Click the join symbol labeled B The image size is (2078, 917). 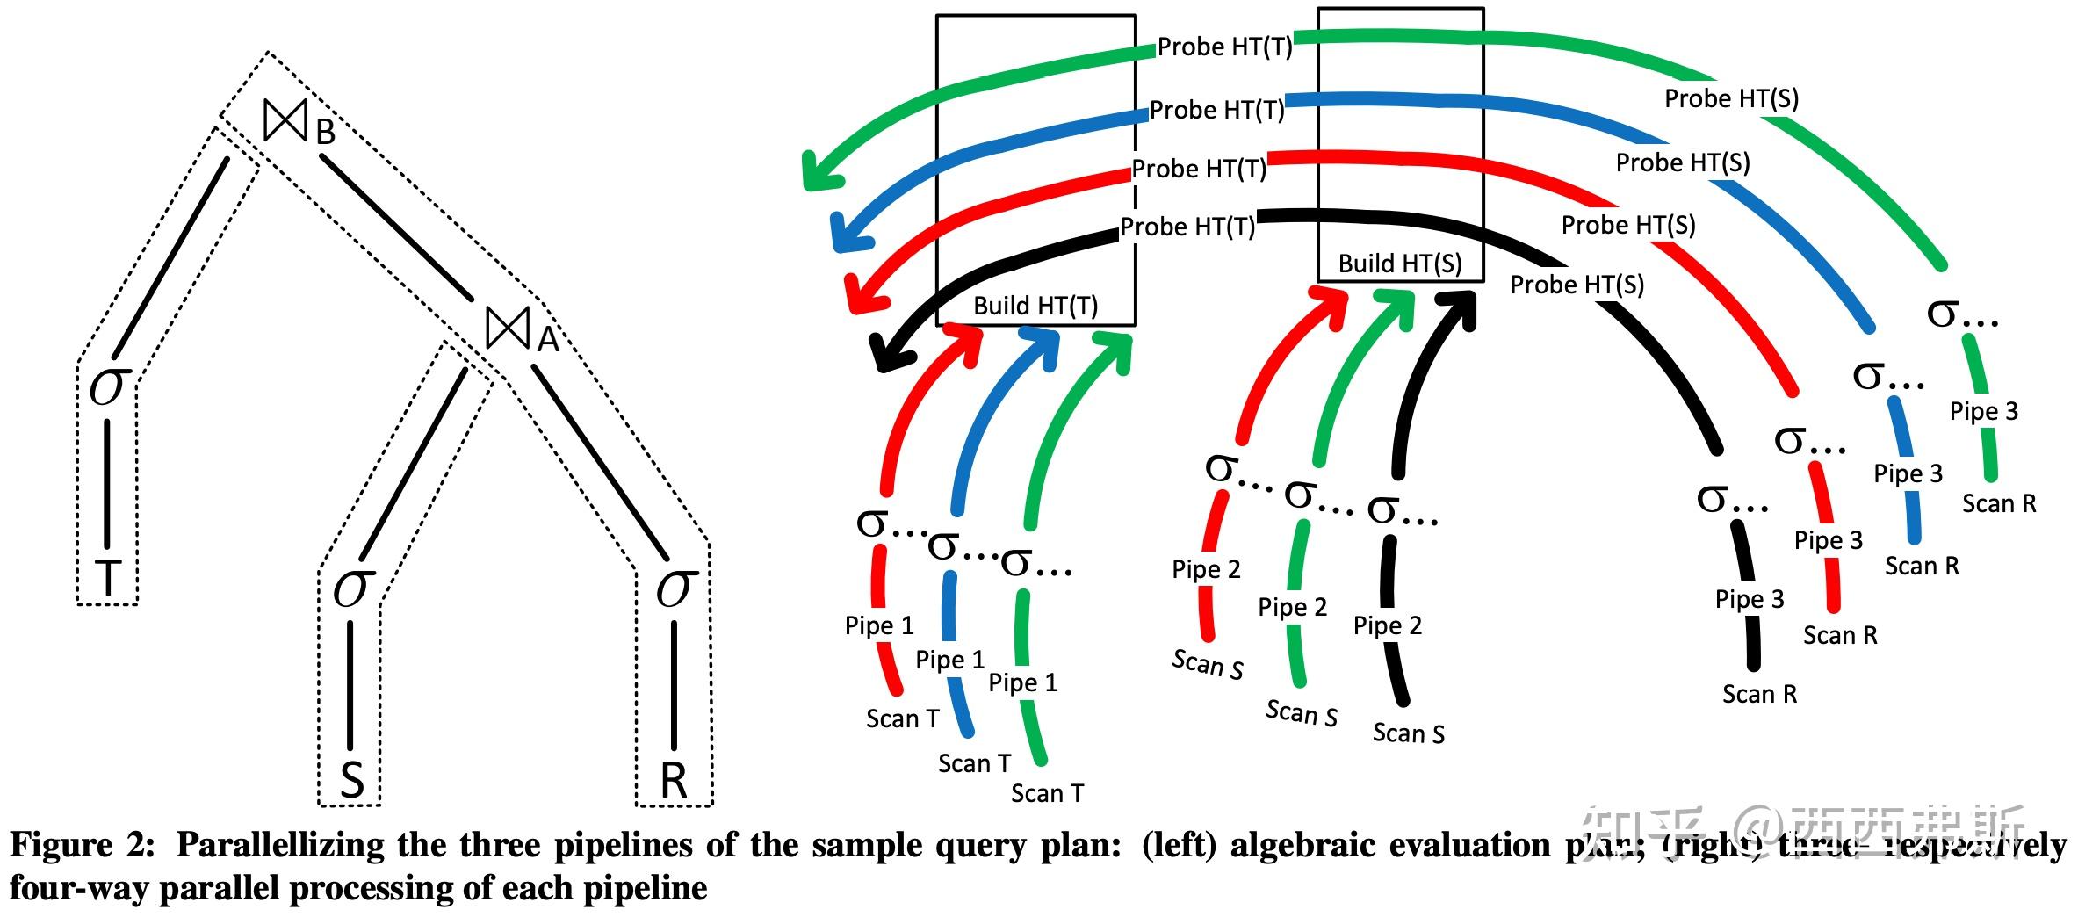(286, 120)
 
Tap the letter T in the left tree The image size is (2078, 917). (106, 578)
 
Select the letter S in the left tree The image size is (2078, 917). (351, 779)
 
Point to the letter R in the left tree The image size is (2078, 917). (674, 779)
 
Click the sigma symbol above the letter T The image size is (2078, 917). (109, 386)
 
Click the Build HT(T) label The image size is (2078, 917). (1035, 306)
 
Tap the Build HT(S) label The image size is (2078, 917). (1400, 264)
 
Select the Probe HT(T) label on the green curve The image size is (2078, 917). (1224, 47)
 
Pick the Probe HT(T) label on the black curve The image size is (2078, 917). (1187, 227)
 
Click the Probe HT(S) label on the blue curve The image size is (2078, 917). (1683, 162)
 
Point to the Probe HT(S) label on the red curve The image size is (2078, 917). (1628, 225)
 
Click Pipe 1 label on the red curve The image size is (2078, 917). (879, 625)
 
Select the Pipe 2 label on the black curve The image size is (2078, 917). (1387, 625)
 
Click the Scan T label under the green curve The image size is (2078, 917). (1047, 793)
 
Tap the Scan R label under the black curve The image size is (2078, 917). (1759, 694)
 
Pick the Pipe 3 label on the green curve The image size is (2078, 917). (1984, 411)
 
